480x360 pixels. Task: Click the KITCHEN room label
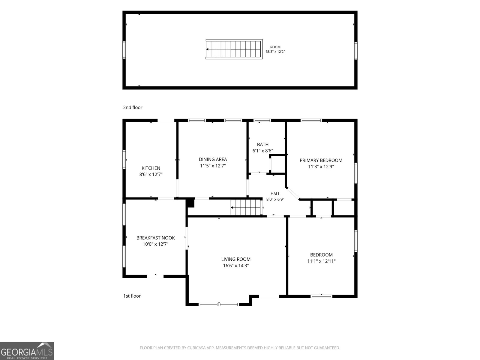click(151, 168)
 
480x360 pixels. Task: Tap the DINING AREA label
click(213, 159)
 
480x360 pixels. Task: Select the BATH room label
click(262, 145)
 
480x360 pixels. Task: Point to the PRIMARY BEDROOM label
click(321, 160)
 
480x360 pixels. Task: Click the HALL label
click(275, 194)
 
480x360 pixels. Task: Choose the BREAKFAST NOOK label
click(155, 238)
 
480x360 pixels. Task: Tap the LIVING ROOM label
click(236, 259)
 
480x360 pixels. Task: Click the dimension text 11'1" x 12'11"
click(321, 261)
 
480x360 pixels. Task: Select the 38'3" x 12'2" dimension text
click(275, 52)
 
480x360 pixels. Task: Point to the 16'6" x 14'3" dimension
click(236, 265)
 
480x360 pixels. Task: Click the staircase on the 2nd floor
click(234, 49)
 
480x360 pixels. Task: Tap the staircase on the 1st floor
click(247, 207)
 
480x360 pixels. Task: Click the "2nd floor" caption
click(133, 107)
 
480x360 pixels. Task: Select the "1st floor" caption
click(132, 296)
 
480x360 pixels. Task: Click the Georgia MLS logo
click(27, 351)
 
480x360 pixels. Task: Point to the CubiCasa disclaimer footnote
click(240, 348)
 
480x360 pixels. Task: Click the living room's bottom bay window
click(219, 304)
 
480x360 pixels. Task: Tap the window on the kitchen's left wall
click(124, 160)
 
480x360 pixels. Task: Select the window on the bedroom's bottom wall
click(321, 296)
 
